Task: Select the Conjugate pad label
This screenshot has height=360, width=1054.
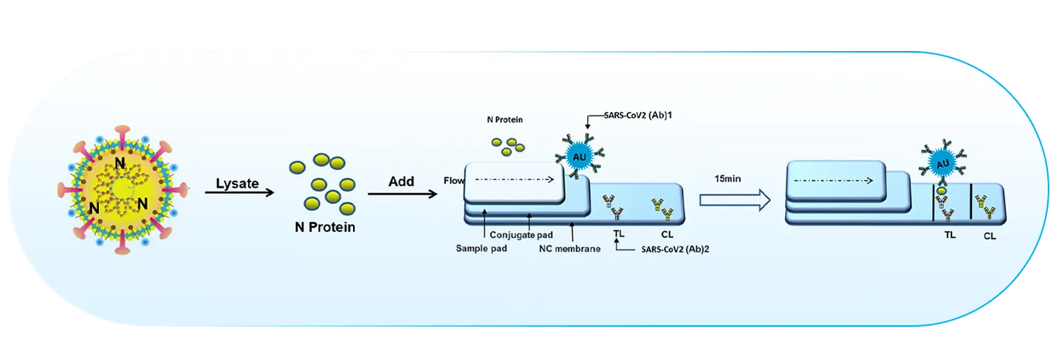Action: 523,234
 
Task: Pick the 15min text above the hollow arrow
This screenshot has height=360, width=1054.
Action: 728,178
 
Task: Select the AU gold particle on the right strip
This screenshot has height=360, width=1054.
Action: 943,164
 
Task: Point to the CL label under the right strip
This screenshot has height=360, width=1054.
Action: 990,236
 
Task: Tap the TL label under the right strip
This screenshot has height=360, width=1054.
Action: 949,235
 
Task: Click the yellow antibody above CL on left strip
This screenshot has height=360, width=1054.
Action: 658,205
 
